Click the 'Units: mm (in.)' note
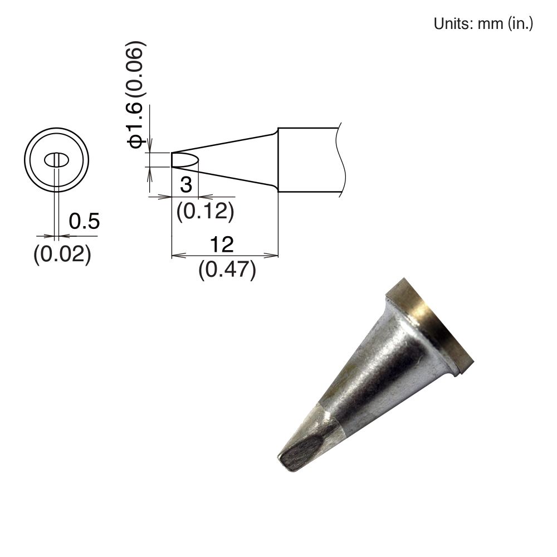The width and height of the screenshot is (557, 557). click(x=483, y=24)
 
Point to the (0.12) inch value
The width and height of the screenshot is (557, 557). click(x=204, y=211)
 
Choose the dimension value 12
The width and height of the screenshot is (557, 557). click(x=221, y=244)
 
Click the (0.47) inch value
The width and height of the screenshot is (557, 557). click(x=227, y=271)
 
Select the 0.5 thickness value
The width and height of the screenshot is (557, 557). click(x=84, y=222)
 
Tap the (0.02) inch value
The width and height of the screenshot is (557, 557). click(x=62, y=254)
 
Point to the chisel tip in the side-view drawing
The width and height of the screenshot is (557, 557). click(x=183, y=160)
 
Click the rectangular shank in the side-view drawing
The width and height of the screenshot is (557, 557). click(x=308, y=161)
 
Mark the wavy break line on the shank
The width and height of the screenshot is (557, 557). click(x=341, y=160)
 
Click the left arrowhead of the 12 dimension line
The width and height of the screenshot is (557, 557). click(x=174, y=256)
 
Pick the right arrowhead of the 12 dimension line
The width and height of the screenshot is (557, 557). click(x=275, y=256)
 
